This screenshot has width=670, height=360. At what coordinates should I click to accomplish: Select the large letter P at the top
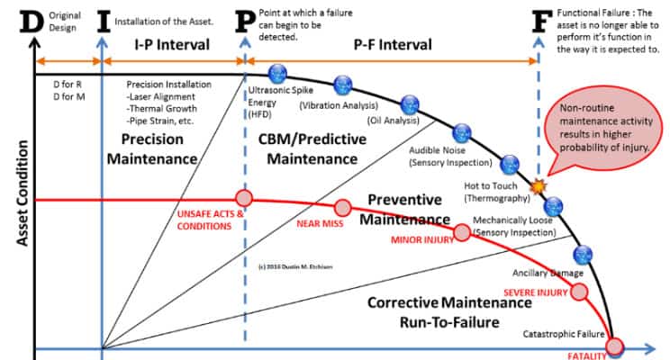[x=243, y=20]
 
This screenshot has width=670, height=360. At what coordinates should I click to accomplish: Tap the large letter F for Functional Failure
[x=540, y=20]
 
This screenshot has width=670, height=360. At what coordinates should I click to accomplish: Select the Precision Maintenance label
[x=152, y=149]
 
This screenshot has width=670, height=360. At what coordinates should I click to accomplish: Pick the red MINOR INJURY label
[x=422, y=240]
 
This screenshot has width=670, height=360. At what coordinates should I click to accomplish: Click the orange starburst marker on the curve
[x=539, y=187]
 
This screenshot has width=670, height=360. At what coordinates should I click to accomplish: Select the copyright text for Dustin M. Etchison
[x=295, y=266]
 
